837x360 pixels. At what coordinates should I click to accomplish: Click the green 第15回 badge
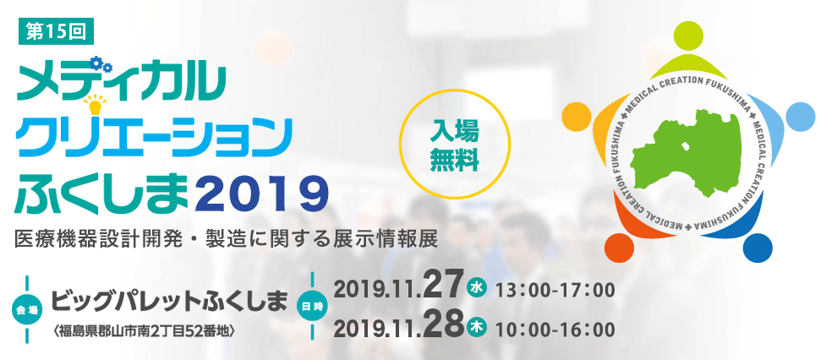tap(56, 32)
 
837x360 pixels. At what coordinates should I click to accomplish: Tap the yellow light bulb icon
tap(95, 104)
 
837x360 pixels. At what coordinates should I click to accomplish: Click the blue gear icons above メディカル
tap(101, 63)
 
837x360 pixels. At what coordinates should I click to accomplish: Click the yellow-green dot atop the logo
tap(688, 34)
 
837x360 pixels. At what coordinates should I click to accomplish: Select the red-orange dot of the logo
tap(619, 248)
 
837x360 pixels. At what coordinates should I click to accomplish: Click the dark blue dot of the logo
tap(758, 248)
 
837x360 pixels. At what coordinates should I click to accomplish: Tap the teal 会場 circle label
tap(27, 308)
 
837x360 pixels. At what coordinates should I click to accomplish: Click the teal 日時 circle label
tap(312, 306)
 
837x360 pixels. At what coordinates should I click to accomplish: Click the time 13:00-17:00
tap(555, 291)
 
